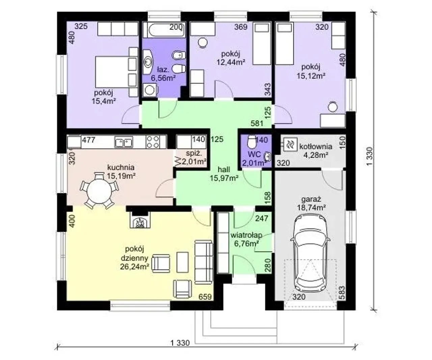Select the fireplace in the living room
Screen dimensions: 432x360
tap(140, 220)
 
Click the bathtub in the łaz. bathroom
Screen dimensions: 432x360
tap(164, 30)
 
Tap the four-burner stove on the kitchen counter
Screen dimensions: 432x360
tap(153, 142)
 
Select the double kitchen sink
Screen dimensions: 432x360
tap(124, 142)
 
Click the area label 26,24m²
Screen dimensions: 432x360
tap(135, 267)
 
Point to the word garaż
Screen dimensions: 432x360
tap(311, 199)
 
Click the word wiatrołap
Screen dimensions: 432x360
tap(246, 235)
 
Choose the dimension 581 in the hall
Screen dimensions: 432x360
tap(257, 123)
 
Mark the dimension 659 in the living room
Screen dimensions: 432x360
tap(205, 297)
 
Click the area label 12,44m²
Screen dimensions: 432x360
tap(231, 62)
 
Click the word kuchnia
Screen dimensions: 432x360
tap(121, 167)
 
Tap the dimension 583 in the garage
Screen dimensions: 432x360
tap(342, 293)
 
